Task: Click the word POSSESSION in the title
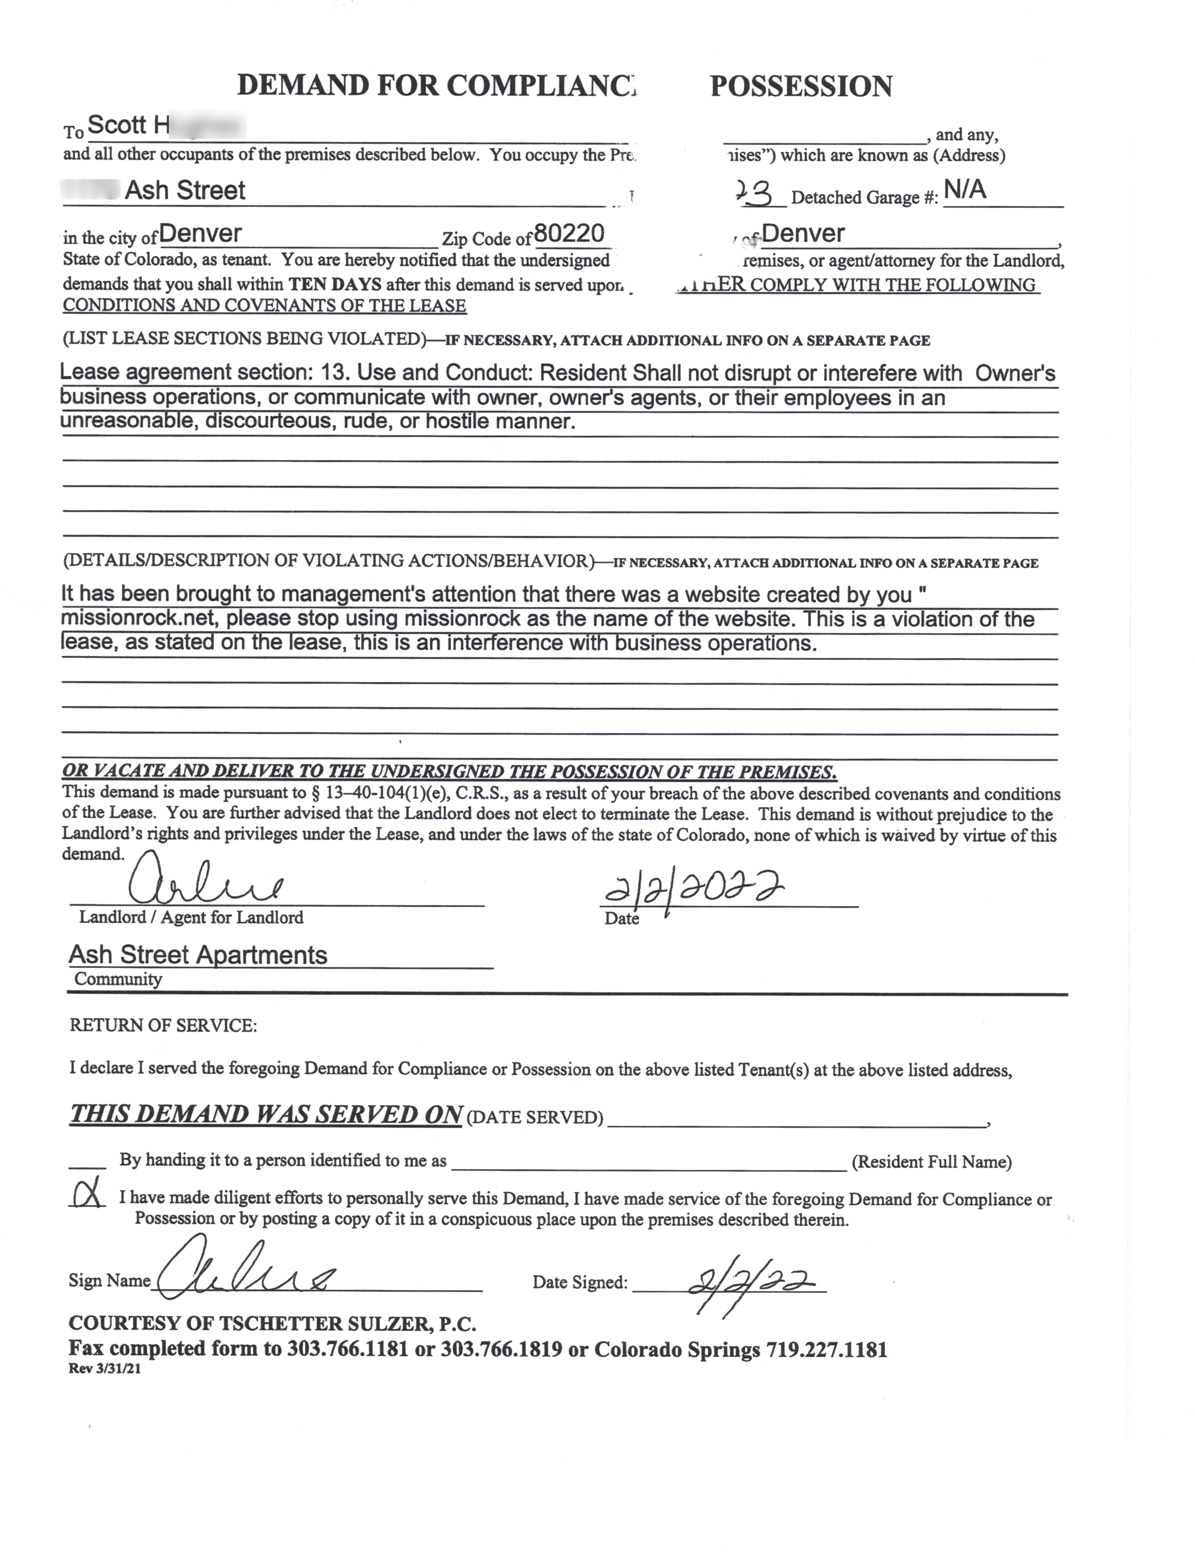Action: (801, 87)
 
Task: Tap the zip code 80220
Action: (568, 233)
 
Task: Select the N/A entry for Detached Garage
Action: (965, 190)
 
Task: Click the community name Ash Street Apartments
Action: (198, 954)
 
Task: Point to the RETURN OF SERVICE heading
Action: (163, 1025)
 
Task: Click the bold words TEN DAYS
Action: (335, 285)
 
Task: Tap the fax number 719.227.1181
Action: (827, 1349)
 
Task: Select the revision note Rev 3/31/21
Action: (104, 1369)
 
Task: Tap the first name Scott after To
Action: (117, 125)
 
